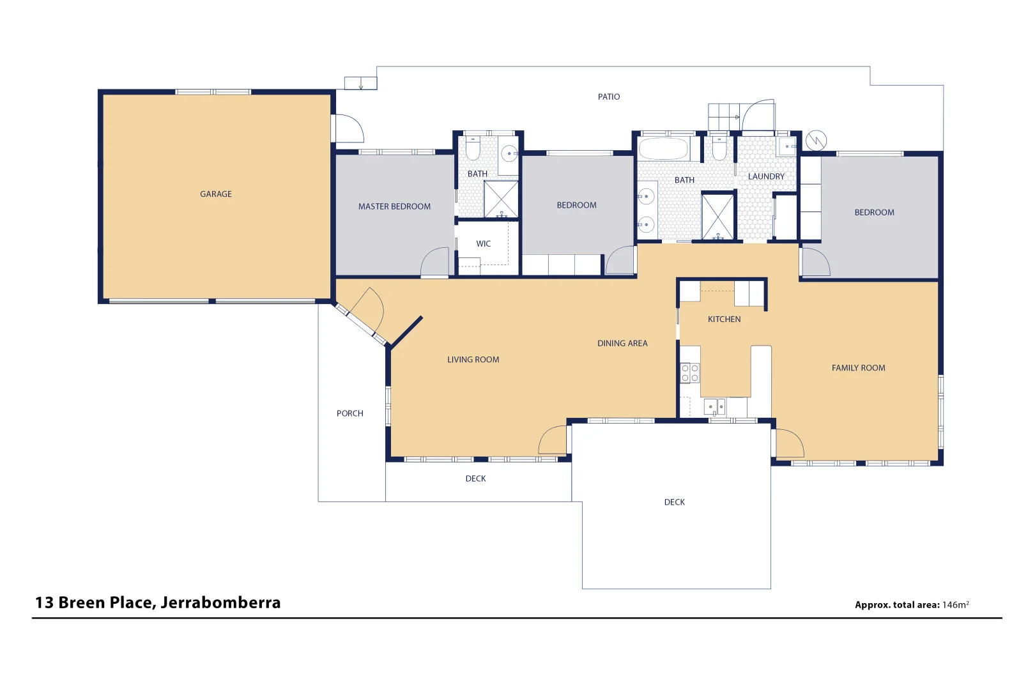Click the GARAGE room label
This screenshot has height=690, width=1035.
tap(215, 194)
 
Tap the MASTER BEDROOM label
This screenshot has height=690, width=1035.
tap(394, 206)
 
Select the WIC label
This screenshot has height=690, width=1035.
tap(483, 244)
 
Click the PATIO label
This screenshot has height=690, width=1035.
tap(608, 97)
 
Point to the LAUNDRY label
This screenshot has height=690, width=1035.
tap(765, 176)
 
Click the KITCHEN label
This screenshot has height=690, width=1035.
tap(724, 319)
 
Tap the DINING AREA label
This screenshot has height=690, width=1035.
tap(622, 344)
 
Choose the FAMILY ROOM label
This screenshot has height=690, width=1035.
tap(857, 368)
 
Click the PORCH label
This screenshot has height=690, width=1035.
tap(349, 414)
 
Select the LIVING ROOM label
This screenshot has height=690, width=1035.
tap(473, 360)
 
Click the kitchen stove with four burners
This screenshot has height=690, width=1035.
tap(689, 373)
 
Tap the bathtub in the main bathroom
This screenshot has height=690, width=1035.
tap(663, 149)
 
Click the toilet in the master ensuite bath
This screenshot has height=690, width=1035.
tap(473, 149)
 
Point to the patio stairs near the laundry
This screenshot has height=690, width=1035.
tap(723, 118)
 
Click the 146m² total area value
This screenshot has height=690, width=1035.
tap(955, 605)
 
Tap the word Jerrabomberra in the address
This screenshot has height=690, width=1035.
tap(220, 603)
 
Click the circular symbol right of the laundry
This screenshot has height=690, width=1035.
tap(816, 140)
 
